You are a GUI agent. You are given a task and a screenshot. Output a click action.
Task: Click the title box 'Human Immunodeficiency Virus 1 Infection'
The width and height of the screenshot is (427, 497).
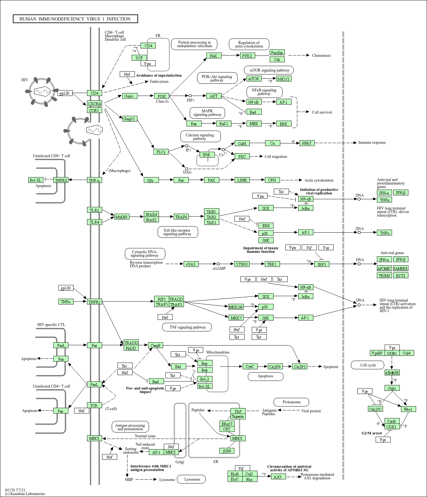point(75,19)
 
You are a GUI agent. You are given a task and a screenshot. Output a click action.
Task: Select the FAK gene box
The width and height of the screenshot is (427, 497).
point(213,56)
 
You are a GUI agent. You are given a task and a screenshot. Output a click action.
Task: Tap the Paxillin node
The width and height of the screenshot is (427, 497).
point(277,53)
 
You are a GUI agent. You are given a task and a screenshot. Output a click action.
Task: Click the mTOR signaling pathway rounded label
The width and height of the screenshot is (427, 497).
point(269,70)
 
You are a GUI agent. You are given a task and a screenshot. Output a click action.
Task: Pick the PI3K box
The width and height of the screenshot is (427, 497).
point(162,96)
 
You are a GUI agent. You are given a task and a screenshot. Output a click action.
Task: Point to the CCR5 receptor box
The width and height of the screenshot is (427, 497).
point(94,110)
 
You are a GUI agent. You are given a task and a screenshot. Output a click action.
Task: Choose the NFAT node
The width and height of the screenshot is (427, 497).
point(307,143)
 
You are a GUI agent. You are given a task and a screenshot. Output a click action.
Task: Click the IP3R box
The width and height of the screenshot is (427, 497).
point(206,155)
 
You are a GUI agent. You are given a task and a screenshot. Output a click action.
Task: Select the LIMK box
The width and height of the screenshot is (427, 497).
point(242,180)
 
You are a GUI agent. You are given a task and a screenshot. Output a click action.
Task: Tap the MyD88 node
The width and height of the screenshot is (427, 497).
point(121,217)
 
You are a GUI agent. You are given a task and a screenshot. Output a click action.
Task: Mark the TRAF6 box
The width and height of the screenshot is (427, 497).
point(181,217)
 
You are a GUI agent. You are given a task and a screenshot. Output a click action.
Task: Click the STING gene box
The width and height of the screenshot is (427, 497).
point(242,264)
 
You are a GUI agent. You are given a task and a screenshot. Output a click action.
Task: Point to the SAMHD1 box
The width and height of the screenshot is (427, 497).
point(400,269)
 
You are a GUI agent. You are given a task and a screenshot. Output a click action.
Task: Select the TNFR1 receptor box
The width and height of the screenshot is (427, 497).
point(94,302)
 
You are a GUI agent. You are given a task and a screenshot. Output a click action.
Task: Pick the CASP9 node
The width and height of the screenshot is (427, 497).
point(274,366)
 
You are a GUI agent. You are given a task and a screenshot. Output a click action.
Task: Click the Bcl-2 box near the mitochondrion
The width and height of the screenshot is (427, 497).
point(205,379)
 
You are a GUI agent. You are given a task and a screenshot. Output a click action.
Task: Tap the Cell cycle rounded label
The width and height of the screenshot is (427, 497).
point(368,365)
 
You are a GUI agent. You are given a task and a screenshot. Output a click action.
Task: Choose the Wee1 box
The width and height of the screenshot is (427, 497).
point(408,409)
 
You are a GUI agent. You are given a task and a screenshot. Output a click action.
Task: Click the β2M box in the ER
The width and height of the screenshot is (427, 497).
point(227,451)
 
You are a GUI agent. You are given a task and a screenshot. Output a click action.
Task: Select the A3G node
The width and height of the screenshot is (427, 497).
point(278,477)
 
